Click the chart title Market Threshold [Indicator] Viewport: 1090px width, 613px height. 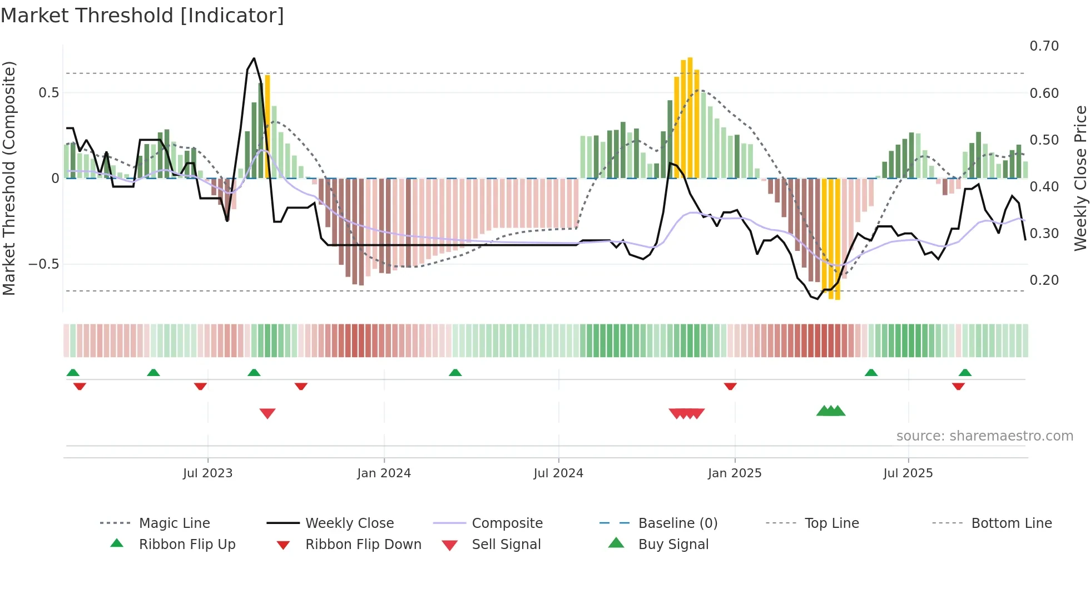pyautogui.click(x=142, y=16)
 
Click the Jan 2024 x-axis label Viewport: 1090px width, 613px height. pyautogui.click(x=384, y=473)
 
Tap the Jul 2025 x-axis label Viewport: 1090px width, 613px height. pyautogui.click(x=908, y=473)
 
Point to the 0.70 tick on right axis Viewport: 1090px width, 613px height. pyautogui.click(x=1044, y=46)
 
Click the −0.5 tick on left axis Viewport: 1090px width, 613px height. pyautogui.click(x=44, y=264)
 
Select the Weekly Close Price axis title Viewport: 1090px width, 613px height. pyautogui.click(x=1080, y=178)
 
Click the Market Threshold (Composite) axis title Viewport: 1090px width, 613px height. pyautogui.click(x=9, y=178)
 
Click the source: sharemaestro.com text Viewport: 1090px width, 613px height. pyautogui.click(x=984, y=436)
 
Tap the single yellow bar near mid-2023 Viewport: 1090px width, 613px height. pyautogui.click(x=267, y=127)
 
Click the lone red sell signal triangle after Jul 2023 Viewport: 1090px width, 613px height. pyautogui.click(x=267, y=413)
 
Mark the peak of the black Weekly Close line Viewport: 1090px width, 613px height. pyautogui.click(x=254, y=58)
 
